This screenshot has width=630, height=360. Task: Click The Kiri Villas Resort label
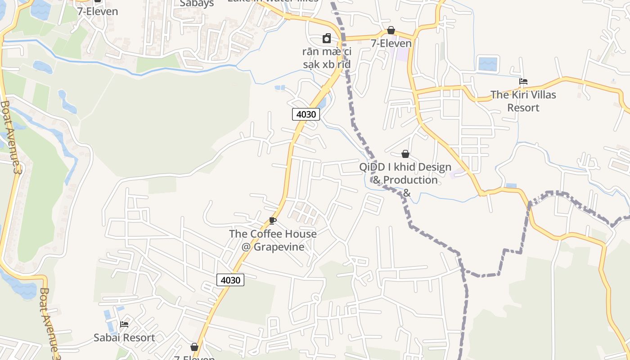(x=523, y=101)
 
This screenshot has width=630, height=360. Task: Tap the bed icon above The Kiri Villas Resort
(x=523, y=81)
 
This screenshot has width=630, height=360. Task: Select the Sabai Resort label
(x=124, y=337)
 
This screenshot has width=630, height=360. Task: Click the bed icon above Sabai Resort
(x=124, y=324)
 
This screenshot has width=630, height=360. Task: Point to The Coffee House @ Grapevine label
(x=273, y=240)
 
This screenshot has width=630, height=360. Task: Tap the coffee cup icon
(x=272, y=220)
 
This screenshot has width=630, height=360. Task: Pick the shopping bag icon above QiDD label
(x=405, y=154)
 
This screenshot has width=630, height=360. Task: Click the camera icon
(x=327, y=39)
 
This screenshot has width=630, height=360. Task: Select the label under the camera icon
(x=327, y=58)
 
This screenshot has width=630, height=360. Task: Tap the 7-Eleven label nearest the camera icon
(x=391, y=43)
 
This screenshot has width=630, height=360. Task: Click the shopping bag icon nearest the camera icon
(x=391, y=30)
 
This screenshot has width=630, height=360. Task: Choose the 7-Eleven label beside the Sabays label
(x=98, y=11)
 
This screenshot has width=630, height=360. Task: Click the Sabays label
(x=197, y=4)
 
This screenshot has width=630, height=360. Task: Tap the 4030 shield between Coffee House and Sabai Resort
(x=230, y=280)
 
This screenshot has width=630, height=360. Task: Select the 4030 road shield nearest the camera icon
(x=306, y=114)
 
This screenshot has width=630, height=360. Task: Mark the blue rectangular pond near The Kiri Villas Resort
(x=487, y=64)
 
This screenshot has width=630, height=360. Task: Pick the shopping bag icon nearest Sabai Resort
(x=194, y=347)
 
